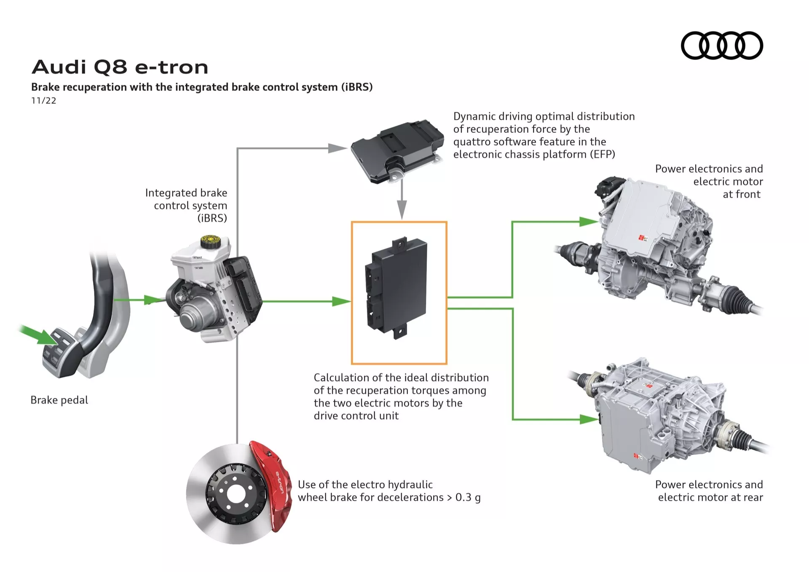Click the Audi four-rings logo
click(722, 46)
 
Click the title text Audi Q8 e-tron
click(120, 67)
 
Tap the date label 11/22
click(43, 101)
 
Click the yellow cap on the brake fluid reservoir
click(208, 242)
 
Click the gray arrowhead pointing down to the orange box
click(402, 209)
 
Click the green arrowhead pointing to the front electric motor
click(588, 222)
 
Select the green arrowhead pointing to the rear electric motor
click(588, 419)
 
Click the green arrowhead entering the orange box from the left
click(340, 301)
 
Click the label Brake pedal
click(59, 400)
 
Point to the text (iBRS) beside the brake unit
click(212, 218)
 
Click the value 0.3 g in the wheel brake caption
click(468, 497)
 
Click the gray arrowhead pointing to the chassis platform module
click(337, 148)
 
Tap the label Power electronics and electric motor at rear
click(709, 491)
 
